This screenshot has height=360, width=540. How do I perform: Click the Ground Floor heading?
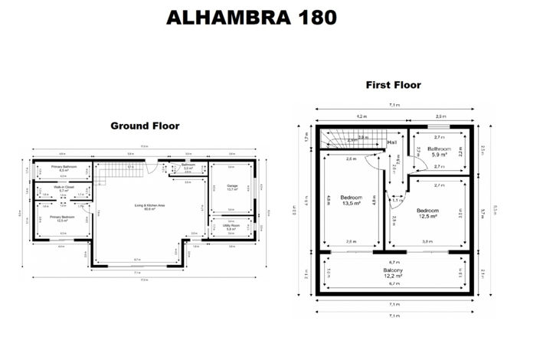coord(145,126)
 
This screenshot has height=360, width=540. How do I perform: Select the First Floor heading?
coord(393,85)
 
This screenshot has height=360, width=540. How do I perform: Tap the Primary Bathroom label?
coord(67,168)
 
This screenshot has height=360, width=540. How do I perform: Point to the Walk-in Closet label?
coord(64,188)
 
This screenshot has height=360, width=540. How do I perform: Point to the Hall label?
coord(392,142)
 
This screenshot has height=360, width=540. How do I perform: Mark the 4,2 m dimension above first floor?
coord(361,116)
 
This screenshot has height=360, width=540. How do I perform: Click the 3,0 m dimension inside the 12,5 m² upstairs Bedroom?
coord(428,242)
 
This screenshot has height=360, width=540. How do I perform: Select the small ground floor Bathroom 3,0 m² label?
coord(188,166)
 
